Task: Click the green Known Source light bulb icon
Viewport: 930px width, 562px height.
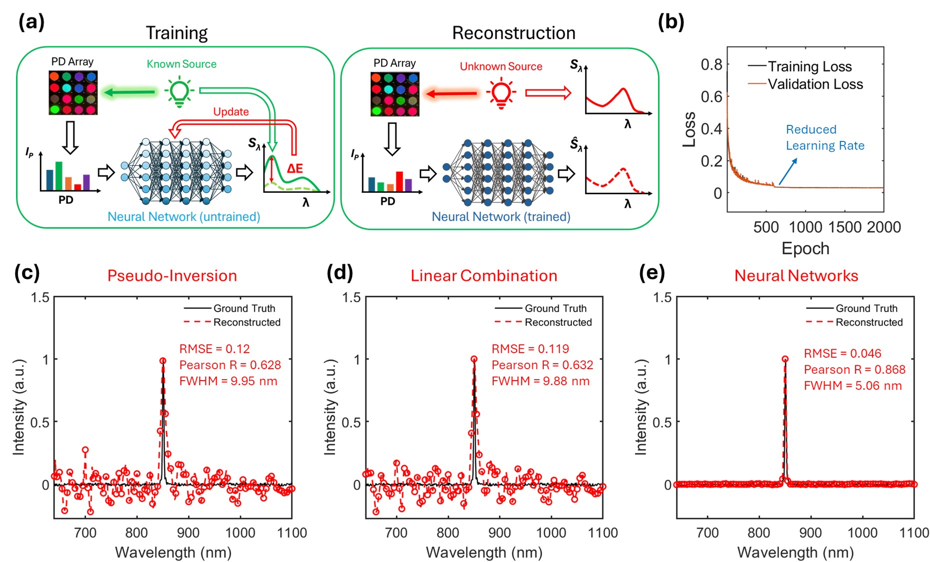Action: pos(179,92)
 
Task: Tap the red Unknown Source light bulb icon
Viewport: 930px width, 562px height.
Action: pos(501,93)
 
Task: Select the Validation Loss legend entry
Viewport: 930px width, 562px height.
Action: pos(815,84)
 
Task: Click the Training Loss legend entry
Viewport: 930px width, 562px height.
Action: pos(810,66)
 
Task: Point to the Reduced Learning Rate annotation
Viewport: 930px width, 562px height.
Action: pos(825,137)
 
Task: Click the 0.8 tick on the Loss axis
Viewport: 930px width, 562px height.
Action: pos(711,64)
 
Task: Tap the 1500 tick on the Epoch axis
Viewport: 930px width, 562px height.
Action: pos(845,227)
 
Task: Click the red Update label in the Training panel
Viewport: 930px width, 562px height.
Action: pos(231,111)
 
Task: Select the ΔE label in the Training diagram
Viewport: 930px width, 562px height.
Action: pos(295,168)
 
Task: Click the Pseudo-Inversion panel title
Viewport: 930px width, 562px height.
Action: pos(172,276)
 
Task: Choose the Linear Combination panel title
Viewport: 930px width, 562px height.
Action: pos(484,276)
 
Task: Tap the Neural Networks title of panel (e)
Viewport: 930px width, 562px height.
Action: pos(796,276)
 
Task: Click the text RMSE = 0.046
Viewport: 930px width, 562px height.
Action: pos(842,354)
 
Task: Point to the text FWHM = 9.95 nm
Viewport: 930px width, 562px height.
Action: pos(228,381)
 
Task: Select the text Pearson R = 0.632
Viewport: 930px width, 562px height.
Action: pos(542,365)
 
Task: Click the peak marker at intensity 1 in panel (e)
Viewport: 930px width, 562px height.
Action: pos(785,359)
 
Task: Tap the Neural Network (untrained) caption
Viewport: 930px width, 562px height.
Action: pos(184,217)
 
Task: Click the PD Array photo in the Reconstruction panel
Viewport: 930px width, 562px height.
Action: pos(395,94)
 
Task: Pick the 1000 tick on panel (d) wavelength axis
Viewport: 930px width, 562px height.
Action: pos(551,533)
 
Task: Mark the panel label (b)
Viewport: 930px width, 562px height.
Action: pos(671,22)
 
